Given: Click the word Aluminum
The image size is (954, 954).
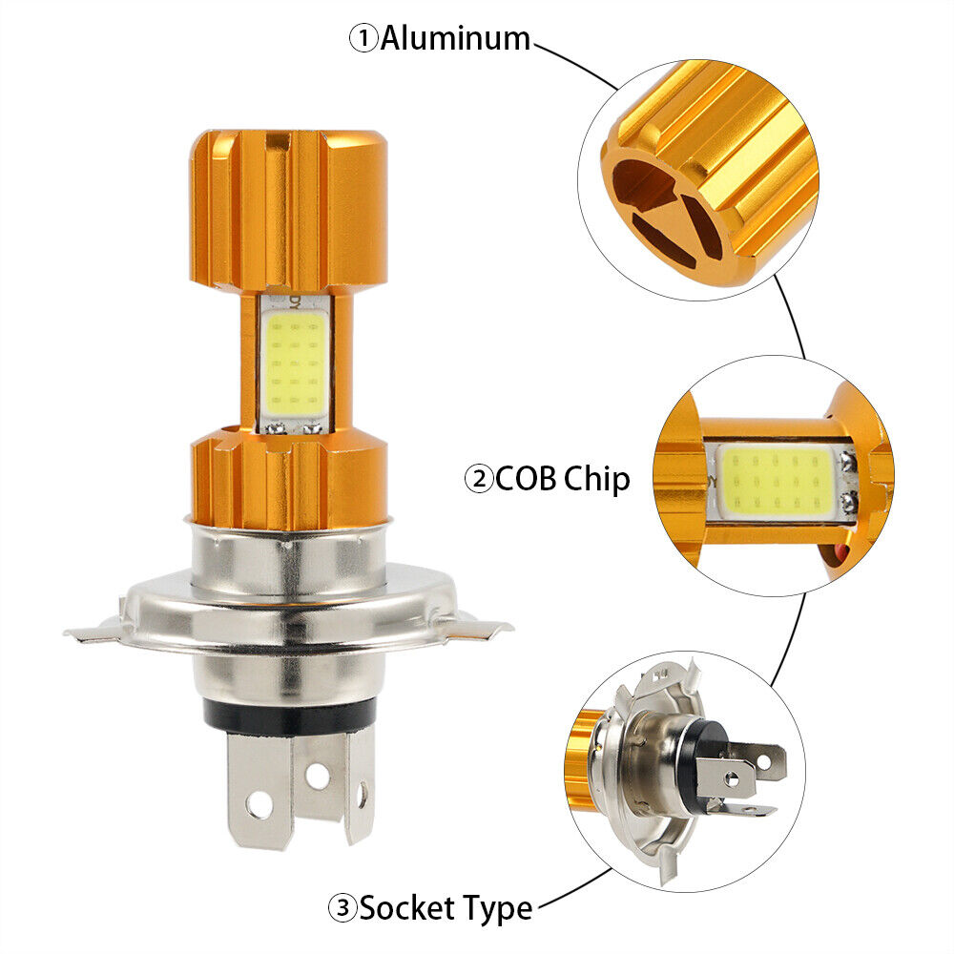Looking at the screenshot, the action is tap(455, 38).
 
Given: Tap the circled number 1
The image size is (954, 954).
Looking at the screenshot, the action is tap(363, 39).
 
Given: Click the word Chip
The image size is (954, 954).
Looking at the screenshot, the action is tap(596, 480).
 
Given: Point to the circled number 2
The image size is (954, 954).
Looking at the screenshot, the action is tap(479, 480).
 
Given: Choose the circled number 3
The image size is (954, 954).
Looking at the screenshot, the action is tap(342, 909).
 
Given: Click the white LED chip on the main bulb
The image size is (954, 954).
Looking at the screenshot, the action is tap(295, 365).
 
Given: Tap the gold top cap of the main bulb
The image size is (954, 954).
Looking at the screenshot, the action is tap(288, 210).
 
